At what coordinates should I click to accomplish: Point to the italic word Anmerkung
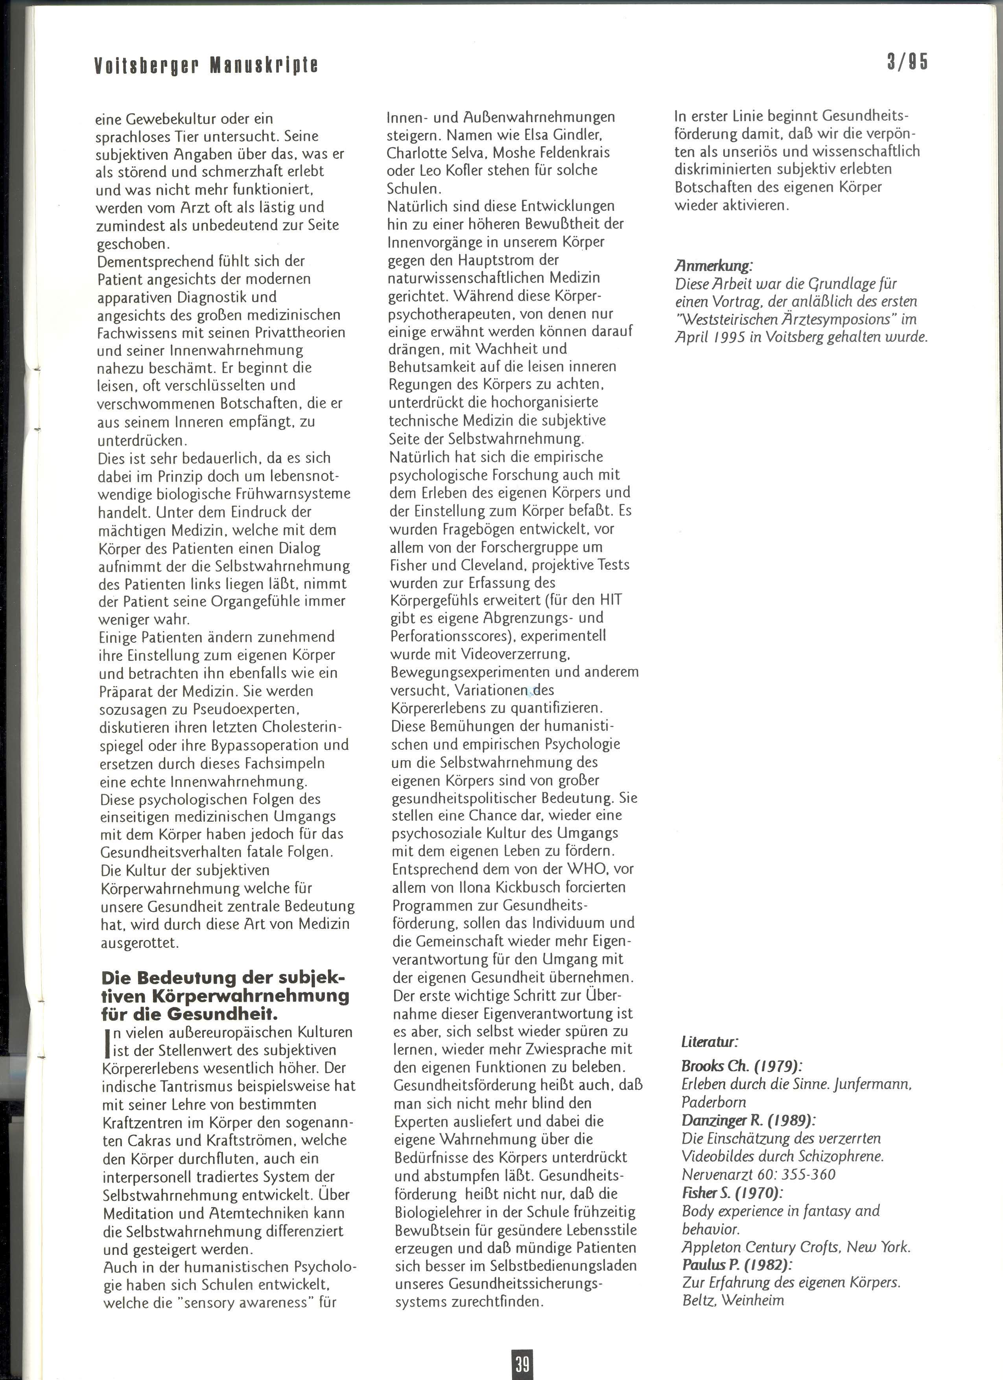(x=713, y=265)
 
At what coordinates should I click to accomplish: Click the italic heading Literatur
(x=710, y=1042)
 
